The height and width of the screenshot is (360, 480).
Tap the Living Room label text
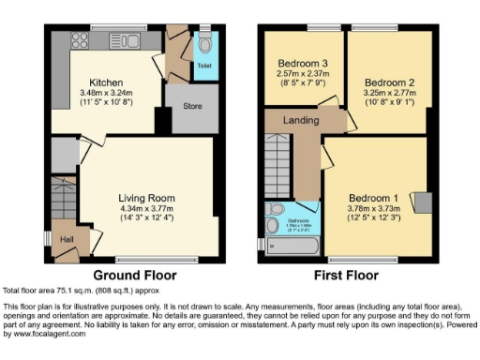tap(147, 198)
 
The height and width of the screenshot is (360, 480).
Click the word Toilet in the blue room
tap(203, 67)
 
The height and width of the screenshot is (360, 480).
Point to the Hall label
tap(66, 240)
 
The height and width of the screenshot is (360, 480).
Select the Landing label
tap(297, 119)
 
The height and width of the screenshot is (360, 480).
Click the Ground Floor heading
tap(137, 276)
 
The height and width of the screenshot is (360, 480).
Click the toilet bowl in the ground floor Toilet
tap(204, 45)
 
